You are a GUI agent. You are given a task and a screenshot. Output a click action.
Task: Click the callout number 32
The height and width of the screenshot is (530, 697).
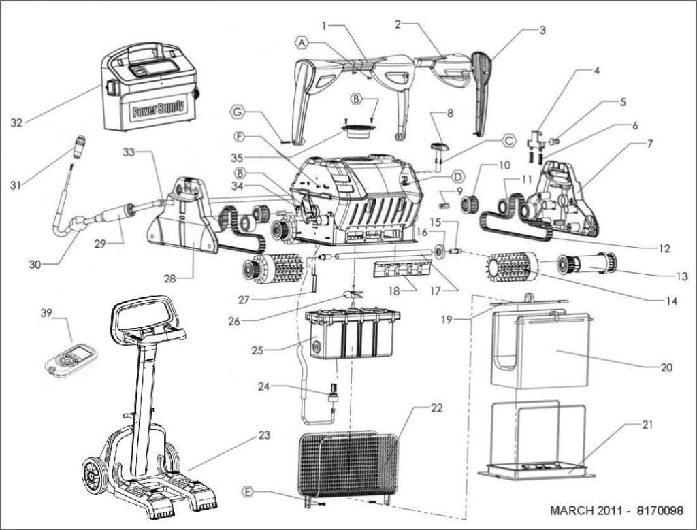pos(17,122)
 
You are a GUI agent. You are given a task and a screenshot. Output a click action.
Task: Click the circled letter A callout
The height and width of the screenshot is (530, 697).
pos(302,42)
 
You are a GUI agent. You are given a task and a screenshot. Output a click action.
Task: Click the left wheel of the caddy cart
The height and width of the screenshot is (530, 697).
pos(95,474)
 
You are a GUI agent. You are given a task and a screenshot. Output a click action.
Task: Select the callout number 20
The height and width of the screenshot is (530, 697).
pos(666,367)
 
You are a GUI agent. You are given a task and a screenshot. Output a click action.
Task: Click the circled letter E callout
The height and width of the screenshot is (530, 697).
pos(248,491)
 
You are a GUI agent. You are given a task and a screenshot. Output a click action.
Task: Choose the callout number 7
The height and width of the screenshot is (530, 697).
pos(650,144)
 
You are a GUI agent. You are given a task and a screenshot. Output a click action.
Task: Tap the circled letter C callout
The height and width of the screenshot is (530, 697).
pos(510,141)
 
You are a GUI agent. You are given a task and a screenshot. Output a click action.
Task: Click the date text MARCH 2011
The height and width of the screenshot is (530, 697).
pos(583,510)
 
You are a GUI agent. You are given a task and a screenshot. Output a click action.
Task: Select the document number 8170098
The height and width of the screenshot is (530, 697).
pos(653,510)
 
